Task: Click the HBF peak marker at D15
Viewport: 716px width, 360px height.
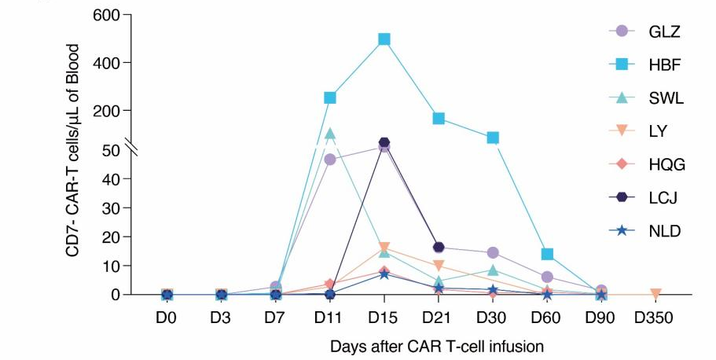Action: pos(384,39)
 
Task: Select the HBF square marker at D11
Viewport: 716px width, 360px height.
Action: pos(330,97)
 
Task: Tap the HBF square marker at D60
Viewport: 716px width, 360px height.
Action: pos(548,254)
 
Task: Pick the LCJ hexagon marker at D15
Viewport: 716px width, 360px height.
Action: pos(384,143)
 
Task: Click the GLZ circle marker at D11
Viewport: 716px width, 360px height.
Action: pos(330,160)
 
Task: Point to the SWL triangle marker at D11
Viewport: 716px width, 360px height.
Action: pos(330,134)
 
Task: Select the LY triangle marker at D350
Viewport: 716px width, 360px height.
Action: pos(655,294)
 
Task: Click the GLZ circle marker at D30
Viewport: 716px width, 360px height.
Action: pos(494,253)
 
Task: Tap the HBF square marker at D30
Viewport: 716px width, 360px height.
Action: pos(494,138)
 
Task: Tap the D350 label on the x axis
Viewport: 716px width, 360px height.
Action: pos(655,320)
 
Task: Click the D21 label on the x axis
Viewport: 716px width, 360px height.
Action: pos(439,320)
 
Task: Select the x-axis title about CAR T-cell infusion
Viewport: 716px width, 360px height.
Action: pos(436,346)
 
